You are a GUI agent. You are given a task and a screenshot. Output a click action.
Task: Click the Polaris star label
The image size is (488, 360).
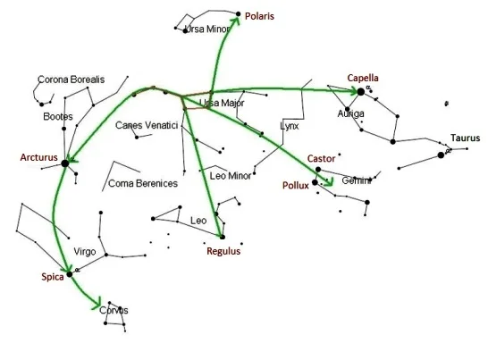pyautogui.click(x=259, y=16)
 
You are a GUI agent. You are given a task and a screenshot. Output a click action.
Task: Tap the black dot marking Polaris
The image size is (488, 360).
pyautogui.click(x=239, y=13)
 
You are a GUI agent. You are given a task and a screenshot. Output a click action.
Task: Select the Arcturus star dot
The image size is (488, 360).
pyautogui.click(x=64, y=163)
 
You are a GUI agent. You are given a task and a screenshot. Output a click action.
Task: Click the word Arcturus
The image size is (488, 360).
pyautogui.click(x=39, y=157)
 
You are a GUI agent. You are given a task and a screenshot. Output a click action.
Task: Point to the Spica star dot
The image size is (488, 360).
pyautogui.click(x=70, y=274)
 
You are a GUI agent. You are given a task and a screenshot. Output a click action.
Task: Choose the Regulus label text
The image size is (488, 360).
pyautogui.click(x=223, y=251)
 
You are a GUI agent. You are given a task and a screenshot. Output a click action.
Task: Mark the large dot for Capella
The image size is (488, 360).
pyautogui.click(x=361, y=92)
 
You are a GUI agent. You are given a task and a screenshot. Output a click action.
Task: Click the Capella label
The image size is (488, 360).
pyautogui.click(x=363, y=78)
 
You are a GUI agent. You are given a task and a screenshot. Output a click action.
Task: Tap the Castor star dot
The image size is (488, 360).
pyautogui.click(x=318, y=170)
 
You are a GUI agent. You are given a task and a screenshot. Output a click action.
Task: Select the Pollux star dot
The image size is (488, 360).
pyautogui.click(x=315, y=182)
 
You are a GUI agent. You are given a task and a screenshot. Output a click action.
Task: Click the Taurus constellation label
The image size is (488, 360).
pyautogui.click(x=466, y=138)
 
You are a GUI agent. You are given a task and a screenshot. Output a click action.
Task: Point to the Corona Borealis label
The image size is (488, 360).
pyautogui.click(x=71, y=80)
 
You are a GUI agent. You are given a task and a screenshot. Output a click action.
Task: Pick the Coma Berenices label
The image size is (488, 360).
pyautogui.click(x=143, y=183)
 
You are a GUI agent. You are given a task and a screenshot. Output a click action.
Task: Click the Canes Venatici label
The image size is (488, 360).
pyautogui.click(x=147, y=125)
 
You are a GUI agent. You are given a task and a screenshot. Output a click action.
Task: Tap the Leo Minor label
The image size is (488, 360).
pyautogui.click(x=231, y=176)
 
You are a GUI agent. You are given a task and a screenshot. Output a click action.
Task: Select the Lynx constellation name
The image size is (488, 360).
pyautogui.click(x=289, y=126)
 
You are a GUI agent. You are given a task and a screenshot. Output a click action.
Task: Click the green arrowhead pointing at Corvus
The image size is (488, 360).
pyautogui.click(x=97, y=303)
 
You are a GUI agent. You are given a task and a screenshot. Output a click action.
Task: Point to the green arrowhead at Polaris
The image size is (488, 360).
pyautogui.click(x=235, y=21)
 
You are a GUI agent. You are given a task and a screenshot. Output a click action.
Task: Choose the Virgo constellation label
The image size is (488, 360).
pyautogui.click(x=85, y=251)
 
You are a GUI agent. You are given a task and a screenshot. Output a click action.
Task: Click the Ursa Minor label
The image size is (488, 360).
pyautogui.click(x=207, y=29)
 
